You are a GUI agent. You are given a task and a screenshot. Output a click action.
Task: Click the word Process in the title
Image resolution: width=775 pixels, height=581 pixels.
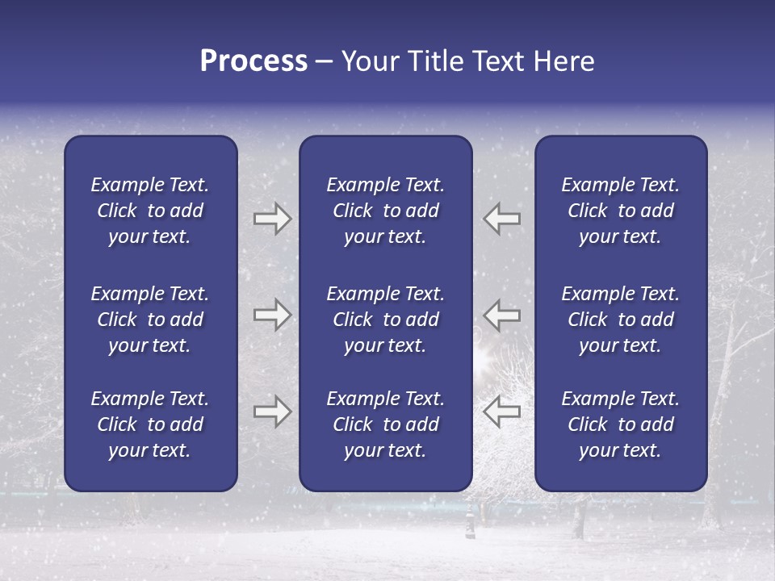[x=253, y=61]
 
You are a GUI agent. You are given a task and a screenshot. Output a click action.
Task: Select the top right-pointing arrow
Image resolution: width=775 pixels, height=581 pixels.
[x=272, y=219]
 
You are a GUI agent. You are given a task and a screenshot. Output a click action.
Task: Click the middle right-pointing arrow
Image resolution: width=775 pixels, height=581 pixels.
[x=272, y=315]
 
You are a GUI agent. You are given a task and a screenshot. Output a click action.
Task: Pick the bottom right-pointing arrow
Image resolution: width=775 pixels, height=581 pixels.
[x=272, y=412]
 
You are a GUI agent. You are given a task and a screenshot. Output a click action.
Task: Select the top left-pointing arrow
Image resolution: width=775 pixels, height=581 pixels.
[x=502, y=219]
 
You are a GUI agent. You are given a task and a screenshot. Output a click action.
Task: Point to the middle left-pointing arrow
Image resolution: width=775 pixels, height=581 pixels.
[x=502, y=315]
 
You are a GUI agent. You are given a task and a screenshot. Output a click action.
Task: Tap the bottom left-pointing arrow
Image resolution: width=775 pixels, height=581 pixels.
[x=502, y=412]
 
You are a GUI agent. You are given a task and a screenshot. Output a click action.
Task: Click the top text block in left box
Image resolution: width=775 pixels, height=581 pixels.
[x=150, y=211]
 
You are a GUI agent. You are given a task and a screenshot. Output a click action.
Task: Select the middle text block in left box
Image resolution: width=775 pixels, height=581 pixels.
[x=150, y=320]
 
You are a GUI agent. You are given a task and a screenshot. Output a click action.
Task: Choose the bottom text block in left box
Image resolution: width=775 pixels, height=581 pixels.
[x=150, y=424]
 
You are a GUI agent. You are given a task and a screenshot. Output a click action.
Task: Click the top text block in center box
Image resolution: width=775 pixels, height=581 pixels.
[x=385, y=211]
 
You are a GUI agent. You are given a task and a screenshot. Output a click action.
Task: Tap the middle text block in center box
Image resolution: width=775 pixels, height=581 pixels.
[x=385, y=320]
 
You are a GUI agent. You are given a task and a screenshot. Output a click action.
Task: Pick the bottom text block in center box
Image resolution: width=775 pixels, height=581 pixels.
[x=385, y=424]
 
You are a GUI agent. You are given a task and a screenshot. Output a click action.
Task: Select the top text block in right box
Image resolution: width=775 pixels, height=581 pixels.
[x=620, y=211]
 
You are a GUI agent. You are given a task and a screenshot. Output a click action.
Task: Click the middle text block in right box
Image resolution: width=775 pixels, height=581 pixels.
[x=620, y=320]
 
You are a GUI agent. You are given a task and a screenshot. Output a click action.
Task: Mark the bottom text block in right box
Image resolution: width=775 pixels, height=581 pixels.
[x=620, y=424]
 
